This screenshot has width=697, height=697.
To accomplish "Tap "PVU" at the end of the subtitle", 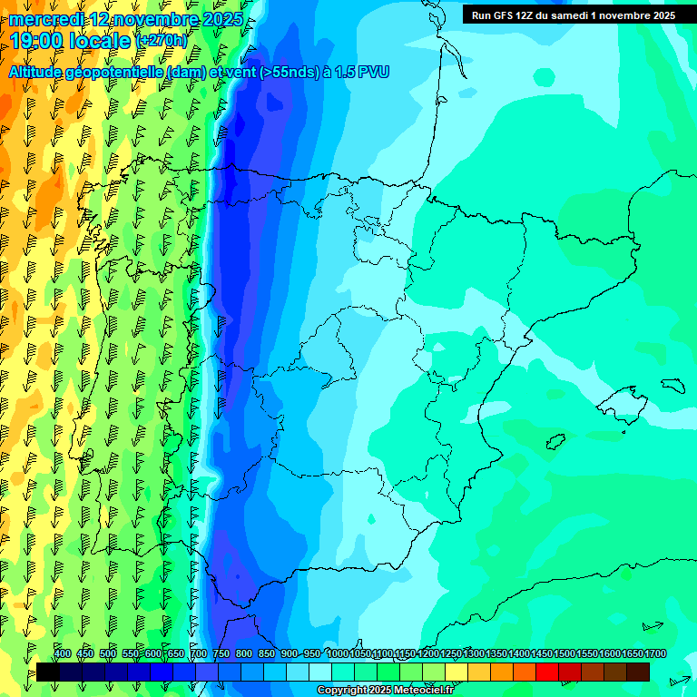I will [374, 73].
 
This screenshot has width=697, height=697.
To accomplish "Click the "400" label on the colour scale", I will [63, 653].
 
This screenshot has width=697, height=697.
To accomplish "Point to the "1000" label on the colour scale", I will [338, 653].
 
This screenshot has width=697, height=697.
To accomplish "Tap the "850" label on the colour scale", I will [267, 653].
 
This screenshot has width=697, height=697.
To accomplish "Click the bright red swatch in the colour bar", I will [547, 672].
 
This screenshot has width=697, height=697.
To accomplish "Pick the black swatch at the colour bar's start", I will [48, 672].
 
